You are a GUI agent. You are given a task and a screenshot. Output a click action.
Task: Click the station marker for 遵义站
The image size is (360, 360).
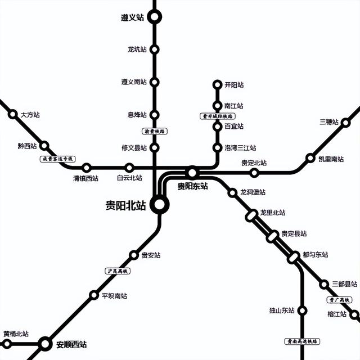click(155, 17)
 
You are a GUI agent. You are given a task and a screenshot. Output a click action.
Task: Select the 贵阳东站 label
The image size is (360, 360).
click(192, 186)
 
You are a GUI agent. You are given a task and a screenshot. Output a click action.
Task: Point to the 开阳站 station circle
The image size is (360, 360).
click(217, 85)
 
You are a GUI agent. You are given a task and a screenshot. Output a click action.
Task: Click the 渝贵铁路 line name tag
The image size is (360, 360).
click(155, 131)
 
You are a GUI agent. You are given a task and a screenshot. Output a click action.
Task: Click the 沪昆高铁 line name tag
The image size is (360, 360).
click(118, 271)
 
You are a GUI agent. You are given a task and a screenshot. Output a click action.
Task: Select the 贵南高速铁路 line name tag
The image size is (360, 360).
click(302, 341)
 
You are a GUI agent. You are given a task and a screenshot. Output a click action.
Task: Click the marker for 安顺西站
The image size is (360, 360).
click(45, 343)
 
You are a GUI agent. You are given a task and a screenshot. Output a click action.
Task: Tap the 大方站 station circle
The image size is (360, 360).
click(13, 114)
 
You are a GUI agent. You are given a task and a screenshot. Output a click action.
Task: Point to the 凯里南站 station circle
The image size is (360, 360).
click(310, 159)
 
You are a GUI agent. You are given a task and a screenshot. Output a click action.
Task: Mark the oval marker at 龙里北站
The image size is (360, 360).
click(251, 215)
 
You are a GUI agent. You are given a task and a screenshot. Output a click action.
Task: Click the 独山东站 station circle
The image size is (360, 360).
click(302, 310)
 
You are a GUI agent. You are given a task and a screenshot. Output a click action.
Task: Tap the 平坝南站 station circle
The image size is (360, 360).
click(93, 295)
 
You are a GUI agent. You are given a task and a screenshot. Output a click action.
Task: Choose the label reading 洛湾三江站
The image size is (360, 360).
click(240, 148)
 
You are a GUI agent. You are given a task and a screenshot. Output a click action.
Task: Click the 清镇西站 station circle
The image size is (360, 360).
click(87, 168)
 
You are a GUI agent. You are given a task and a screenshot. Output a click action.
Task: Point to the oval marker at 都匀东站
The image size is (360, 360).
click(294, 257)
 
